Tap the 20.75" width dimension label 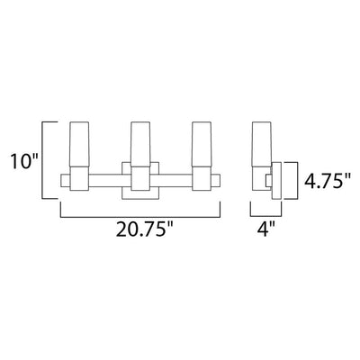pyautogui.click(x=145, y=229)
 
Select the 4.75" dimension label pyautogui.click(x=328, y=181)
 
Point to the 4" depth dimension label pyautogui.click(x=265, y=229)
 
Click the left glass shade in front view pyautogui.click(x=79, y=144)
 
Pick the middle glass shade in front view pyautogui.click(x=140, y=144)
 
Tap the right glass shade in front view pyautogui.click(x=202, y=144)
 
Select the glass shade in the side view pyautogui.click(x=262, y=144)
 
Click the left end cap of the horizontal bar pyautogui.click(x=66, y=181)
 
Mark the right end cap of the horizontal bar pyautogui.click(x=216, y=181)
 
